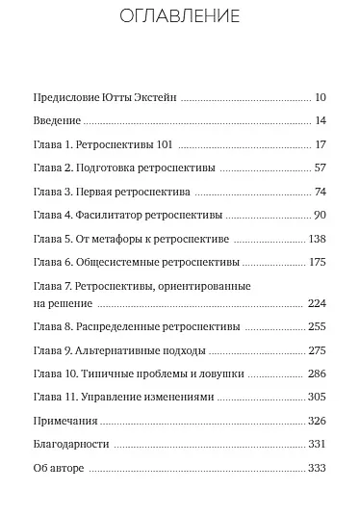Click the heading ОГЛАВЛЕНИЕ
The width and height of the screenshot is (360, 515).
coord(179,17)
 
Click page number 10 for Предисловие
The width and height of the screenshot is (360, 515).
coord(321,97)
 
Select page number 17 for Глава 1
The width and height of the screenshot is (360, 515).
coord(321,144)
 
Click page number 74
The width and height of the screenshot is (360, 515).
coord(321,191)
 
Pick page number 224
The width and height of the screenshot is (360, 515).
coord(318,302)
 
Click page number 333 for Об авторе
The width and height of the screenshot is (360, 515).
coord(318,468)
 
